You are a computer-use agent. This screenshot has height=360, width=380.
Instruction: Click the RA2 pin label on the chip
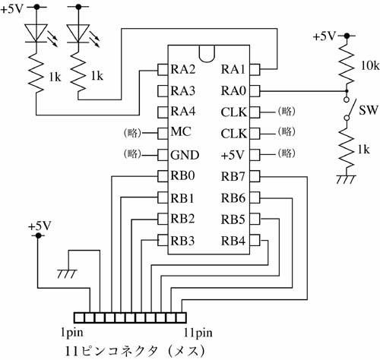tap(183, 69)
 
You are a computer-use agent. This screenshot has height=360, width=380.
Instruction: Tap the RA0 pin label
tap(233, 91)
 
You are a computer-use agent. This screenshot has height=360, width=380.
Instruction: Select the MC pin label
tap(181, 131)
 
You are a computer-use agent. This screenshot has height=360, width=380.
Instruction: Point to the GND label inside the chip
tap(185, 155)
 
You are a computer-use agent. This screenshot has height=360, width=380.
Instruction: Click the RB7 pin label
tap(233, 176)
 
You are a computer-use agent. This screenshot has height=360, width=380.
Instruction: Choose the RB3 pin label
tap(182, 241)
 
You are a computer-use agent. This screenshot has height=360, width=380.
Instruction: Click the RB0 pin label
tap(182, 175)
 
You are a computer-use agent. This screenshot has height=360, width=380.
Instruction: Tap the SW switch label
tap(369, 110)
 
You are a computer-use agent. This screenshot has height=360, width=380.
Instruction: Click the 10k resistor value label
tap(370, 66)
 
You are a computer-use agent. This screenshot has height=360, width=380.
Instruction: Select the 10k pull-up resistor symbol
tap(347, 63)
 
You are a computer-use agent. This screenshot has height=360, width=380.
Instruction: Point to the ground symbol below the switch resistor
tap(346, 179)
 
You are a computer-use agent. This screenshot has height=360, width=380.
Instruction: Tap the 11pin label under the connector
tap(198, 333)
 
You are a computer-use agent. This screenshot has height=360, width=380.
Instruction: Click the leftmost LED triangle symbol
tap(36, 33)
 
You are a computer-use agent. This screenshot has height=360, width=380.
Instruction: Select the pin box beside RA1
tap(255, 69)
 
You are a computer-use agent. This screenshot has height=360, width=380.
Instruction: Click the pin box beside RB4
tap(255, 241)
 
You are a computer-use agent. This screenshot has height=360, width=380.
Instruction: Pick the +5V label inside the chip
tap(233, 155)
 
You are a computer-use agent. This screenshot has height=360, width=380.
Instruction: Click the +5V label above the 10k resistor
tap(325, 36)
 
